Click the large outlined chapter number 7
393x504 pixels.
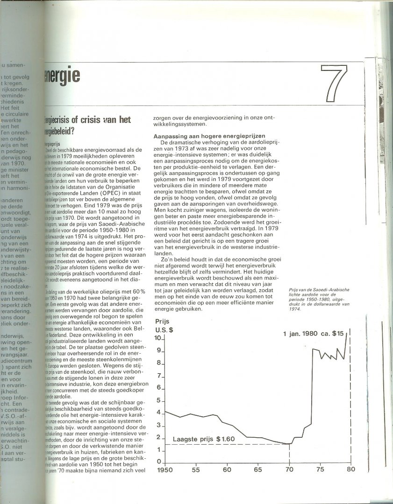335,84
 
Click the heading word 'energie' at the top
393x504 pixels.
61,74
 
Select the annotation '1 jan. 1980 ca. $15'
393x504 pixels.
314,334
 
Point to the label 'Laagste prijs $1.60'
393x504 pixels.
204,439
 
